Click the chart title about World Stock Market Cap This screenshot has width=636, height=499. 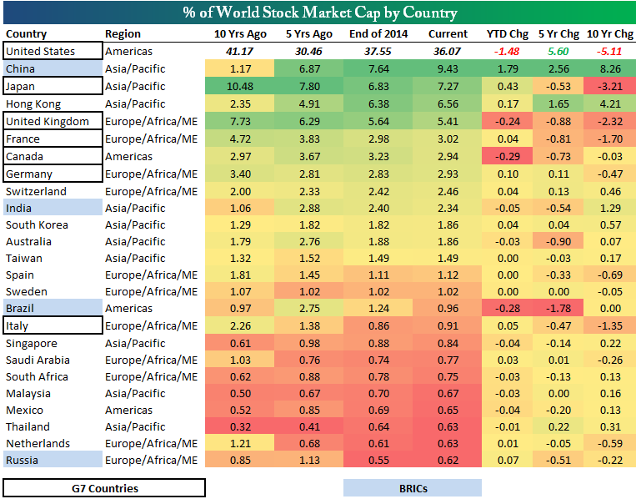(x=318, y=13)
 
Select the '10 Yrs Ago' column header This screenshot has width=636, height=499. (x=241, y=34)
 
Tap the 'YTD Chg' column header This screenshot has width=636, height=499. (x=508, y=34)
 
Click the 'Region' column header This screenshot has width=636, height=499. (x=123, y=34)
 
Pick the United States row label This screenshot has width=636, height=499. (x=40, y=51)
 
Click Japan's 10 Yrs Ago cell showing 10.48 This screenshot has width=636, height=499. (x=241, y=86)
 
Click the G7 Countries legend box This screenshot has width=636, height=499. (x=104, y=488)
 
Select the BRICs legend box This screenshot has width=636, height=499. (x=412, y=488)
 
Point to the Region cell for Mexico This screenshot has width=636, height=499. (x=128, y=410)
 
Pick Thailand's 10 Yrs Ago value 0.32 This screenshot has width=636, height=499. (x=241, y=426)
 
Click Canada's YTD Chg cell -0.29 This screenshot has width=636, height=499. (x=508, y=156)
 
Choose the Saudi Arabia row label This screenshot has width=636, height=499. (x=38, y=360)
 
